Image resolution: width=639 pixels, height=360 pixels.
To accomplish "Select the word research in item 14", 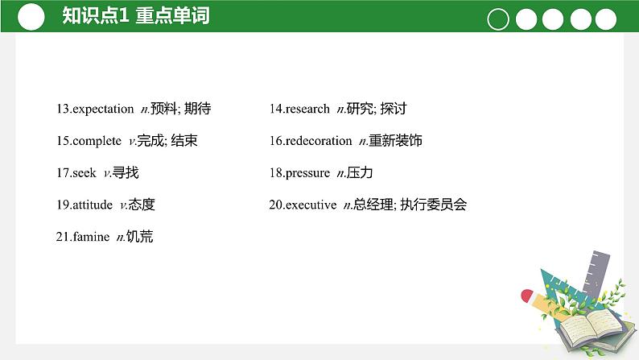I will click(307, 109).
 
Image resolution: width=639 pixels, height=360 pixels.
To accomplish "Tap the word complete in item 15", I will click(97, 141).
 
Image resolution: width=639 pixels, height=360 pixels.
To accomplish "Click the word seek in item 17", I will click(84, 173).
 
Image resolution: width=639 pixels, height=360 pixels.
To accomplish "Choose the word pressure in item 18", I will click(307, 173).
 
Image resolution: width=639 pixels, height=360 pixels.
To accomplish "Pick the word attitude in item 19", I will click(93, 205).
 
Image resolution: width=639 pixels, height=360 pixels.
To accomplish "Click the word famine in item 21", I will click(91, 237).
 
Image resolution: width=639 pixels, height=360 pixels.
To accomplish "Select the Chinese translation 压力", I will click(360, 173).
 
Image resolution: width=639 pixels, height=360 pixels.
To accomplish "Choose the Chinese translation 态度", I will click(142, 205).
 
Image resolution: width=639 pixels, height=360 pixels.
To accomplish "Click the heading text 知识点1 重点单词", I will click(135, 16).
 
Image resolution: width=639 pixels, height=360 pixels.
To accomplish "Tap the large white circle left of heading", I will click(30, 17).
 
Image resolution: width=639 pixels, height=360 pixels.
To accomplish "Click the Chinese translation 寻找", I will click(126, 173).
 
